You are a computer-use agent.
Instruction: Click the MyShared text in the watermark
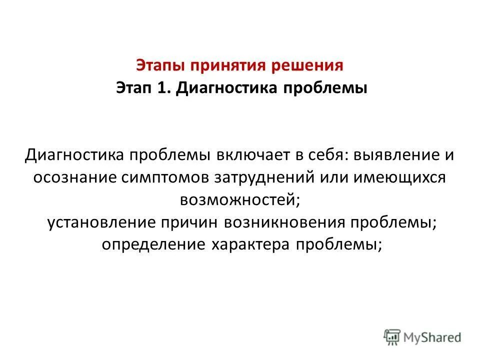[434, 337]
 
